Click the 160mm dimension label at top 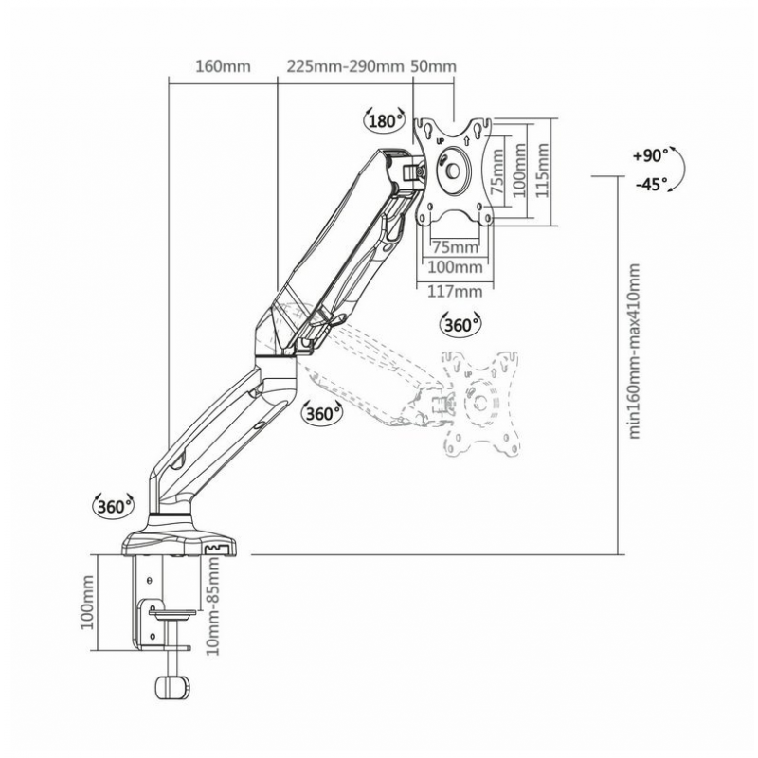(x=223, y=66)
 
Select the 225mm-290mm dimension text (x=345, y=66)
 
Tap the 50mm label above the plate (x=433, y=66)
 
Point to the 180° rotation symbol (x=385, y=120)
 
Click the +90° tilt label (x=650, y=156)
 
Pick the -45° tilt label (x=651, y=184)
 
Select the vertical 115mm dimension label (x=542, y=171)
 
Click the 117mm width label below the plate (x=455, y=292)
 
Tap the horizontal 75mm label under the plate (x=455, y=247)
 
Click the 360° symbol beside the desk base (x=114, y=507)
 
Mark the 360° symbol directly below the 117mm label (x=460, y=325)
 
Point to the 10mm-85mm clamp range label (x=212, y=606)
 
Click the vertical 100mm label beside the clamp (x=87, y=603)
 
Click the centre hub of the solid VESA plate (x=454, y=171)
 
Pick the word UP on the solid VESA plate (x=440, y=141)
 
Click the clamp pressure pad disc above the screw (x=172, y=613)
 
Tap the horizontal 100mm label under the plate (x=455, y=267)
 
